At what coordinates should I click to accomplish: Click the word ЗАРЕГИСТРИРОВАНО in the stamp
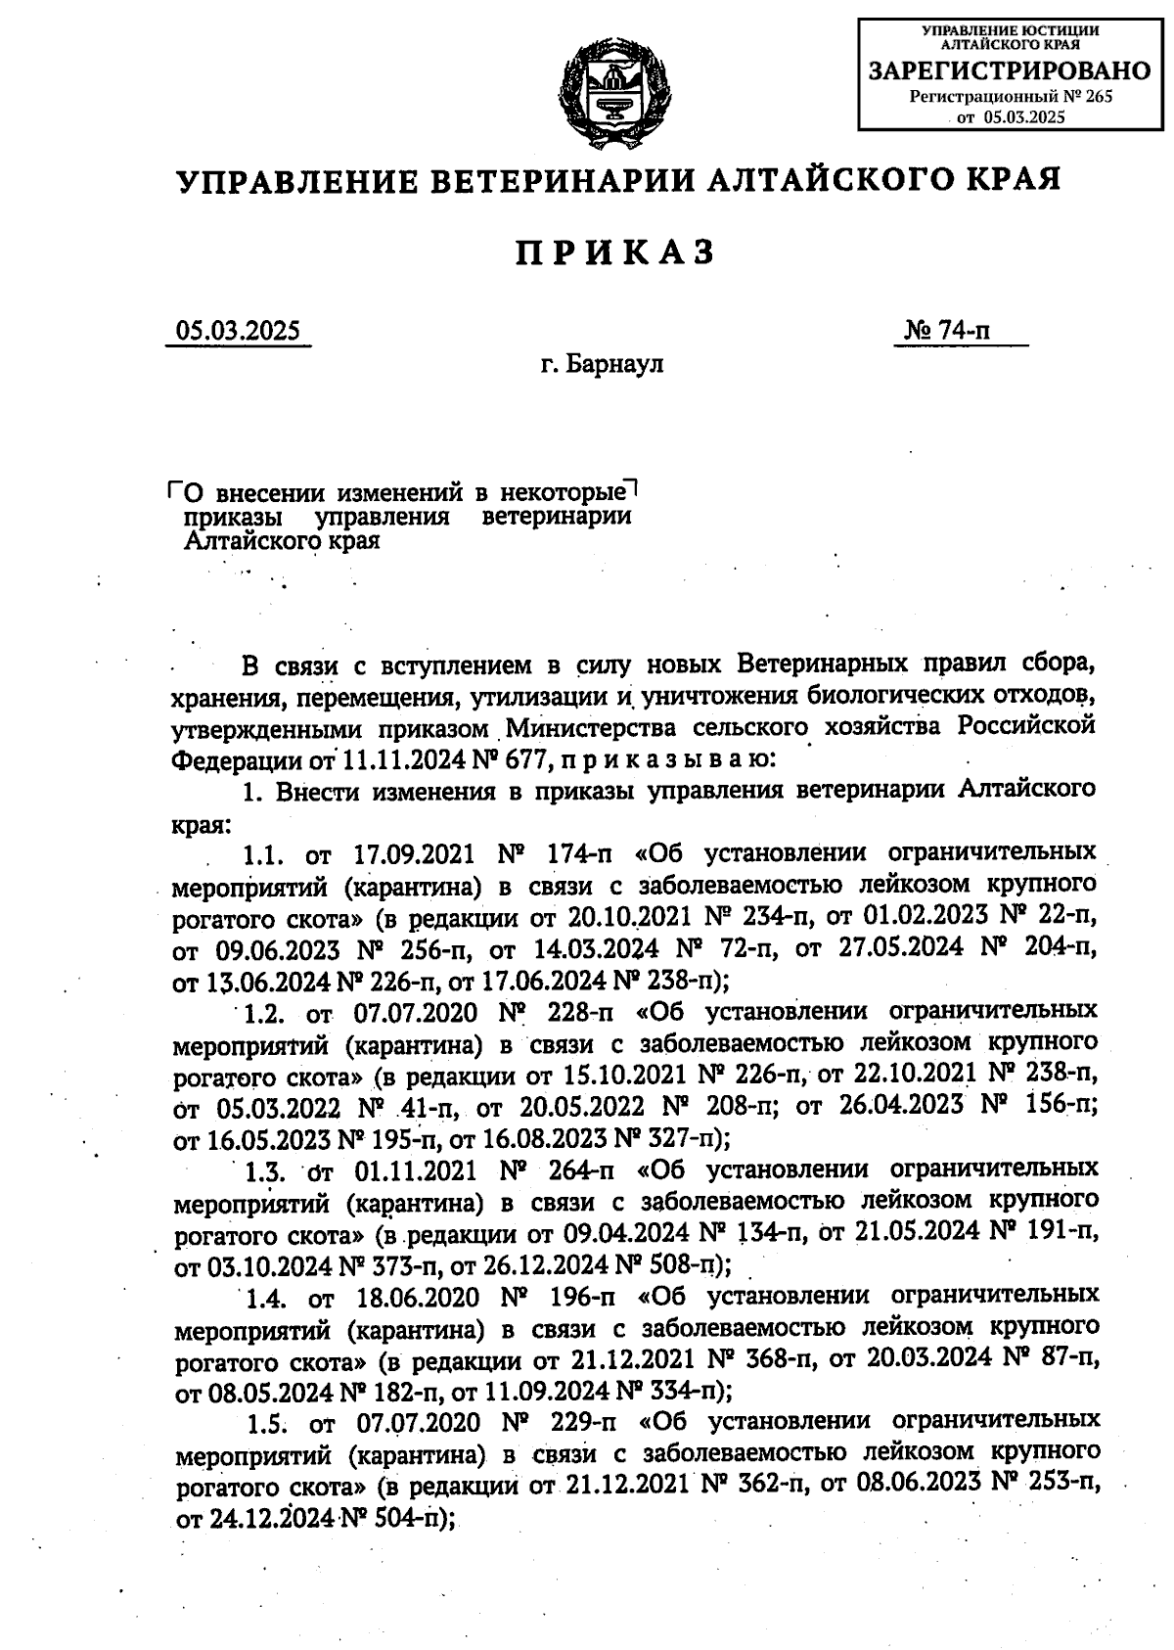click(x=1010, y=70)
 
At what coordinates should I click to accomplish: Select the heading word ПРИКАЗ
click(x=615, y=252)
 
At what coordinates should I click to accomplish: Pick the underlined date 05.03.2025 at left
click(x=238, y=331)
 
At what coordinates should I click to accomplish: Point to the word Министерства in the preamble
click(x=575, y=727)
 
